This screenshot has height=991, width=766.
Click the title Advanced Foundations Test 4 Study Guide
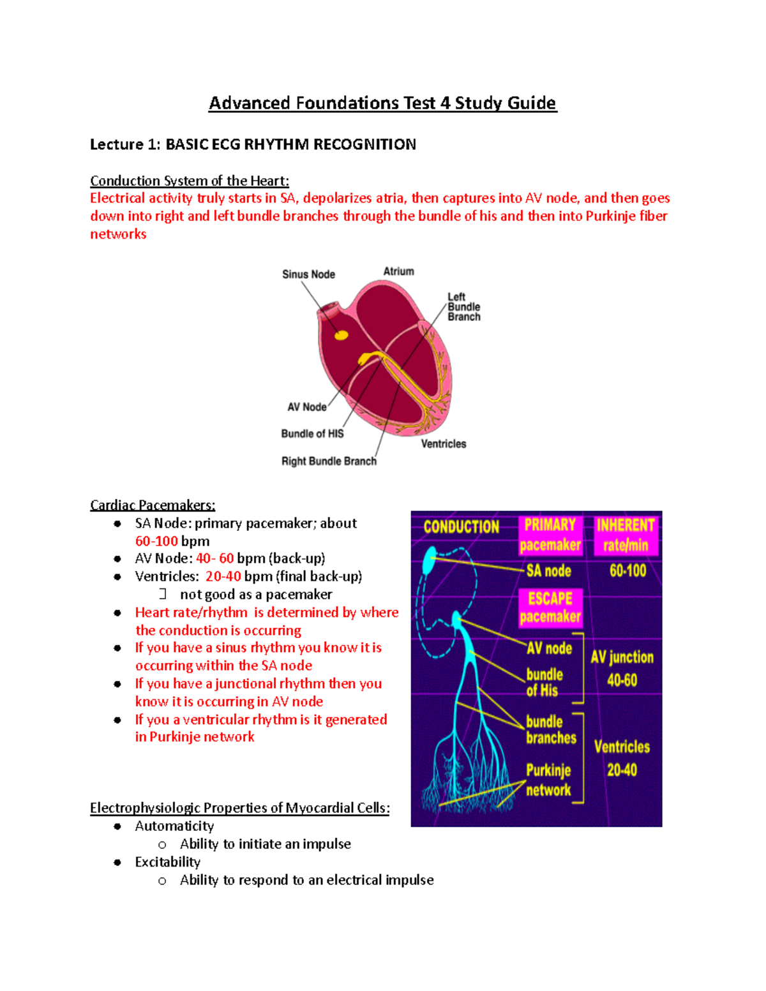[382, 103]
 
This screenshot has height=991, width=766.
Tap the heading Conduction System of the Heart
[190, 181]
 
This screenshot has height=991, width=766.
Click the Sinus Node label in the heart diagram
[308, 274]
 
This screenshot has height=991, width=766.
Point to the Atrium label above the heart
[398, 271]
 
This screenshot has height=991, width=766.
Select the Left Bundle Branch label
[463, 307]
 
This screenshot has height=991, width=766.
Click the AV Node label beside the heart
[306, 407]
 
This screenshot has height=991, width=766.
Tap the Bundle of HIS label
[312, 434]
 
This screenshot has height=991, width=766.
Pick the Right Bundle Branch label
[329, 461]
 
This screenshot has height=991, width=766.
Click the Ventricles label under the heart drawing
[443, 444]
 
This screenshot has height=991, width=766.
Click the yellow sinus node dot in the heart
[342, 335]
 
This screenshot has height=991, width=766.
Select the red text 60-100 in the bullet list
[156, 541]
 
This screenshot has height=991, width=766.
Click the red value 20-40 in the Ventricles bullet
[223, 576]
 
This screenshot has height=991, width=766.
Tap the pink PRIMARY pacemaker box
[550, 535]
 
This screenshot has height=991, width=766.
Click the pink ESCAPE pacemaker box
[550, 607]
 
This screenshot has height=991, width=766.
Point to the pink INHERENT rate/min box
[626, 535]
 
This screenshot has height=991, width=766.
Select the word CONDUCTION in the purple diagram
[462, 527]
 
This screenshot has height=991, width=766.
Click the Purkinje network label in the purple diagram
[548, 780]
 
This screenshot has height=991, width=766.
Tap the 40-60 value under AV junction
[622, 680]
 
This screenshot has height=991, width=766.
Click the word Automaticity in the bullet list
[174, 826]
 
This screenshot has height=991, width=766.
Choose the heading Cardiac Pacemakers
[153, 505]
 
